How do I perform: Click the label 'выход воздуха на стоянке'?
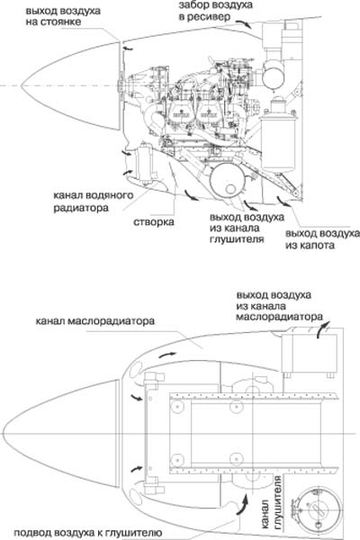pyautogui.click(x=63, y=16)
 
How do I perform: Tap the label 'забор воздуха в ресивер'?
pyautogui.click(x=215, y=11)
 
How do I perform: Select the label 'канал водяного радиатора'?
pyautogui.click(x=93, y=202)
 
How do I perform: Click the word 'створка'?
pyautogui.click(x=154, y=222)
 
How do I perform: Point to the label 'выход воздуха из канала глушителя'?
pyautogui.click(x=247, y=229)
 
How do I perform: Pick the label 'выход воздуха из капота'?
pyautogui.click(x=322, y=239)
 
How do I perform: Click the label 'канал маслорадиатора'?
pyautogui.click(x=95, y=321)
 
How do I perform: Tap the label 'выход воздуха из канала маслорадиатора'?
pyautogui.click(x=279, y=306)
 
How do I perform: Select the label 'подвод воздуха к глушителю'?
pyautogui.click(x=88, y=533)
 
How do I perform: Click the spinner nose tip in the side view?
pyautogui.click(x=22, y=85)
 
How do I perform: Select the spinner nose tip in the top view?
pyautogui.click(x=3, y=433)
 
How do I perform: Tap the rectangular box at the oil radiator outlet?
pyautogui.click(x=309, y=353)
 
